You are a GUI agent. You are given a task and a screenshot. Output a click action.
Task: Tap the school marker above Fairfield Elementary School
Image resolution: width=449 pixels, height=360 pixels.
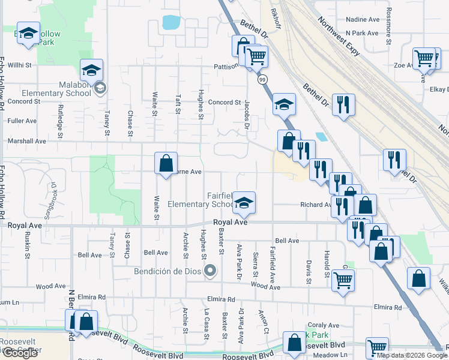(x=244, y=203)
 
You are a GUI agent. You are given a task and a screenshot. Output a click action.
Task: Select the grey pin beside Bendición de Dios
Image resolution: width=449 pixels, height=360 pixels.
(x=209, y=271)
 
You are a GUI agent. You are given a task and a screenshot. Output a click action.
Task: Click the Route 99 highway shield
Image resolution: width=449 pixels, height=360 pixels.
(x=262, y=79)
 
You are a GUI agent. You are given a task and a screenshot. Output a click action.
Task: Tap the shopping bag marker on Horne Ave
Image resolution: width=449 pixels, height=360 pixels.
(x=166, y=163)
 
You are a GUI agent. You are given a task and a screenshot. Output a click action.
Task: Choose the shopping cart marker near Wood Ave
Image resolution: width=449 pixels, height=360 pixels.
(x=343, y=280)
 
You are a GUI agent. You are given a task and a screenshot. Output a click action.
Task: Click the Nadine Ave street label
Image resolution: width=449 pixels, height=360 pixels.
(x=363, y=19)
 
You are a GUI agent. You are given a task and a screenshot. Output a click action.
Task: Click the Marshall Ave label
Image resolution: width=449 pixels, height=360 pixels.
(x=26, y=141)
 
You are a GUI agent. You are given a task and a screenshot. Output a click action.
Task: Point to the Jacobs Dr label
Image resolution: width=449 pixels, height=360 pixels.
(x=246, y=115)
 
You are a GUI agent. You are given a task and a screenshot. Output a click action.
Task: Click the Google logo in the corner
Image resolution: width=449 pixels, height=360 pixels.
(x=20, y=353)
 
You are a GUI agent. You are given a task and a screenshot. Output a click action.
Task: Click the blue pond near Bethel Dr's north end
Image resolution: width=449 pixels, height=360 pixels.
(x=171, y=23)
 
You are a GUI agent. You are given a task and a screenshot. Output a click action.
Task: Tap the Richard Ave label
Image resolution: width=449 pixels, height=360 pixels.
(x=316, y=205)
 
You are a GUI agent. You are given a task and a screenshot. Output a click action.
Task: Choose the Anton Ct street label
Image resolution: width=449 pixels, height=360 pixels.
(x=262, y=321)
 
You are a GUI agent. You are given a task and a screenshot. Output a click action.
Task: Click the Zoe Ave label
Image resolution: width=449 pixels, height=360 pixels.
(x=402, y=65)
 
